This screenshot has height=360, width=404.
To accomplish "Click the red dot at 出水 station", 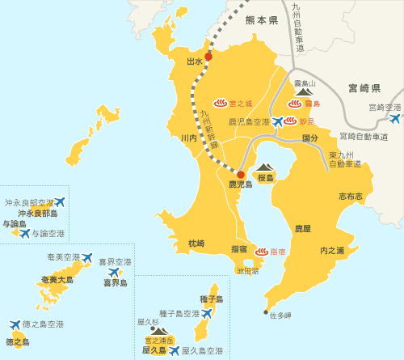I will click(x=208, y=57).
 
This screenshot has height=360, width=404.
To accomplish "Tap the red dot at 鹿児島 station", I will click(x=240, y=174).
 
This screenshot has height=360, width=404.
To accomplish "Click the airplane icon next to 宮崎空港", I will click(x=394, y=119).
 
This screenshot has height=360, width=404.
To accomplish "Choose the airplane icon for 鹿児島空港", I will click(x=278, y=122).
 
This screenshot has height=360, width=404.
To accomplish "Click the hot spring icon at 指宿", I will click(x=261, y=252).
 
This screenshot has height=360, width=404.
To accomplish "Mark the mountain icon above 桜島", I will click(x=266, y=167).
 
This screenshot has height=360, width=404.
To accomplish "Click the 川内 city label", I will click(x=188, y=138).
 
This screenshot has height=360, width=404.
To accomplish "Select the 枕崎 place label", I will click(x=196, y=243).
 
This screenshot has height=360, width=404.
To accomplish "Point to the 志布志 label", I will click(x=351, y=196).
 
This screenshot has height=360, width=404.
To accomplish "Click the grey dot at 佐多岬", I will click(x=265, y=311).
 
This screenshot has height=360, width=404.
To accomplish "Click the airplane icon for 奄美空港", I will click(x=87, y=257).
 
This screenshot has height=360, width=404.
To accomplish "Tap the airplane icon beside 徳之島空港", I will click(x=15, y=324).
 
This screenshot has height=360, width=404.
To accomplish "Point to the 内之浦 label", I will click(x=332, y=250).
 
